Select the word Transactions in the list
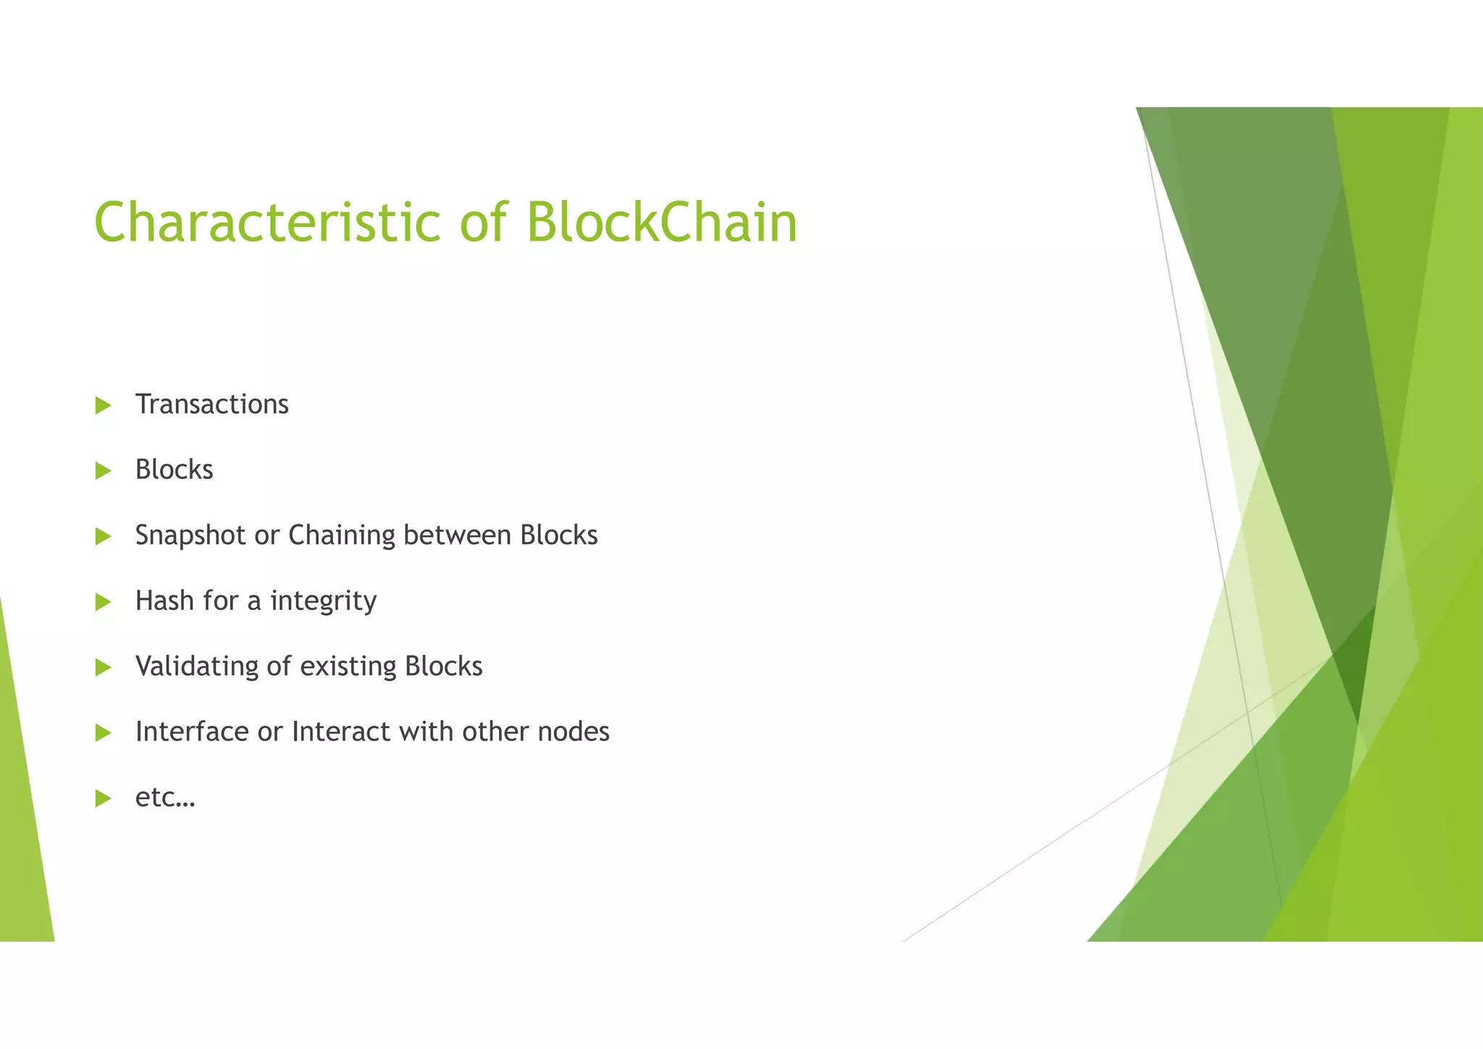click(211, 404)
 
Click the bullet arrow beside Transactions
click(103, 406)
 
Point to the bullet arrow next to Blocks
click(103, 471)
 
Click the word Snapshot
click(190, 536)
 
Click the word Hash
click(165, 601)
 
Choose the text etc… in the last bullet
click(165, 798)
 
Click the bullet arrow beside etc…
click(103, 798)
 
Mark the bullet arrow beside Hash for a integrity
click(103, 602)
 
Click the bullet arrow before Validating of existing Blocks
click(103, 667)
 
